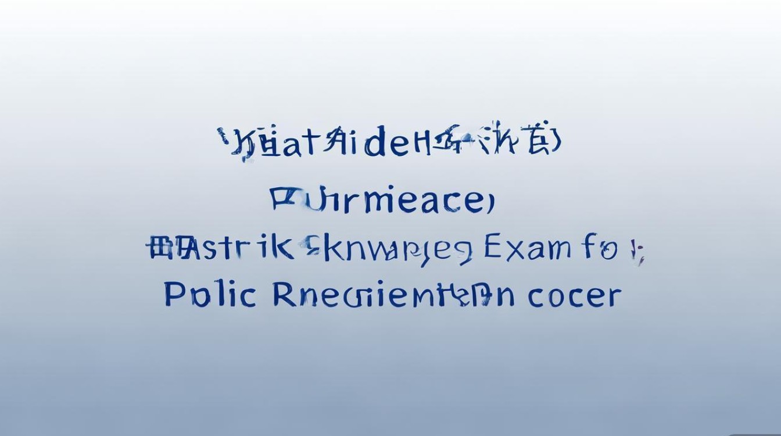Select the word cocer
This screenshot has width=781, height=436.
574,295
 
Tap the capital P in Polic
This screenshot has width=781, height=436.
173,294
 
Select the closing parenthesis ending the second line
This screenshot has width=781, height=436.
490,201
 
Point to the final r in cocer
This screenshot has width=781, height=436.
614,297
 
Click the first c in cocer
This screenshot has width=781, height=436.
537,297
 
